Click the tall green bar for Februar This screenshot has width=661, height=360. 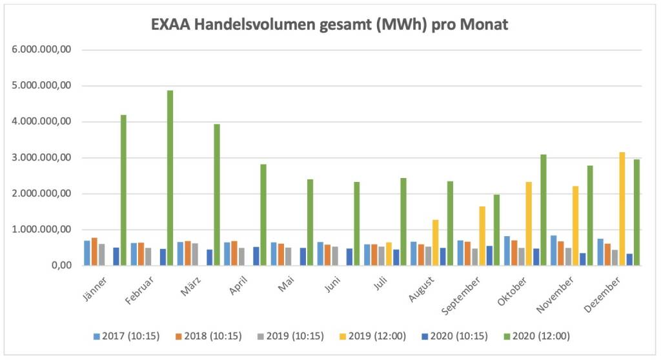[x=170, y=177]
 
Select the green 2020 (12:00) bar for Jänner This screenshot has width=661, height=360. [x=123, y=190]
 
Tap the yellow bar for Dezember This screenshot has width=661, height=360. [x=622, y=208]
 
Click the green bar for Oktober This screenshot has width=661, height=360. [x=544, y=209]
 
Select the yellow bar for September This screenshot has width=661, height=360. [x=482, y=235]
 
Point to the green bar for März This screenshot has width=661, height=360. [x=217, y=194]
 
